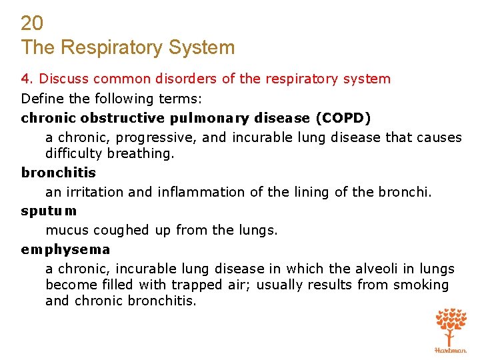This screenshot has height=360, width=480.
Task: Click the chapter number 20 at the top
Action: (32, 24)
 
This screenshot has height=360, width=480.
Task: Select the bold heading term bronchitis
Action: (59, 173)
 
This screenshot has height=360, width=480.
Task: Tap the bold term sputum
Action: (49, 211)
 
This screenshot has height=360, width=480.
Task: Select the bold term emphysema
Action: (65, 249)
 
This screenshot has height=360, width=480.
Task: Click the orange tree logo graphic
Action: (451, 326)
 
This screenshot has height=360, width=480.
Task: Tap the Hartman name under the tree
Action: (451, 350)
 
